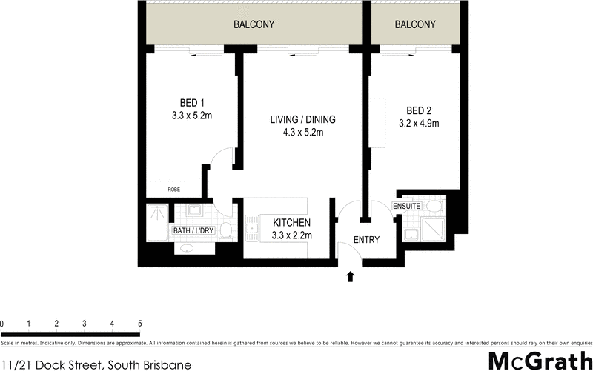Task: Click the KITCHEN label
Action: pyautogui.click(x=291, y=223)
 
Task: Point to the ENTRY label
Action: pyautogui.click(x=366, y=240)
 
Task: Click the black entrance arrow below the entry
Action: pyautogui.click(x=351, y=277)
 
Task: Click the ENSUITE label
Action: pyautogui.click(x=408, y=206)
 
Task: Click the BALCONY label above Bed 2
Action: pyautogui.click(x=415, y=24)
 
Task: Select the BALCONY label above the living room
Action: pyautogui.click(x=254, y=24)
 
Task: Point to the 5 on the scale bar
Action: pyautogui.click(x=139, y=324)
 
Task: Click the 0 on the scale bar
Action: pyautogui.click(x=2, y=324)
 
